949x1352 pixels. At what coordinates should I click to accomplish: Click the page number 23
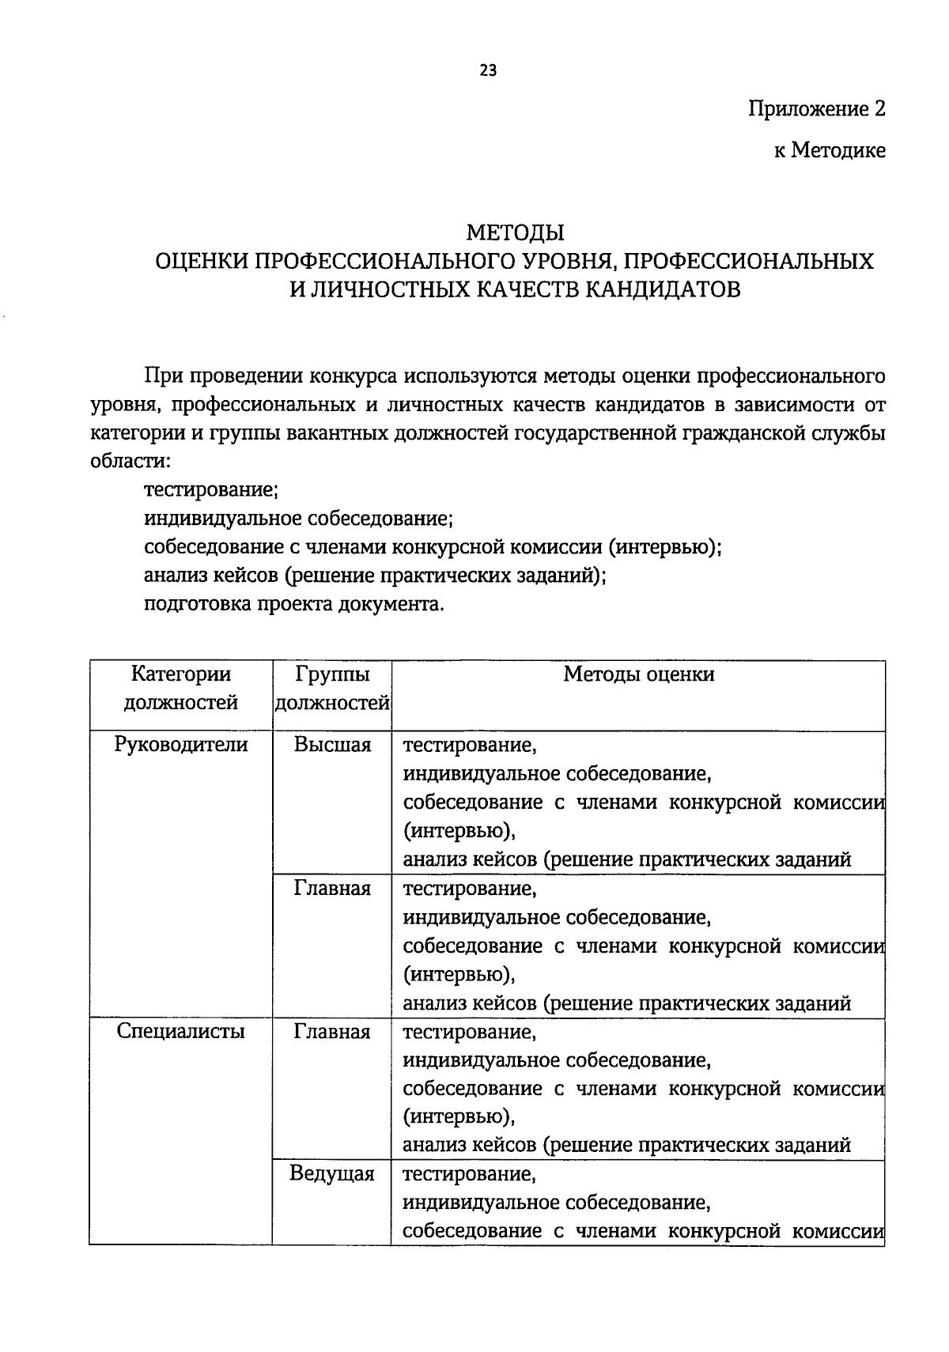click(488, 70)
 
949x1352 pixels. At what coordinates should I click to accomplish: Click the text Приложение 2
click(817, 109)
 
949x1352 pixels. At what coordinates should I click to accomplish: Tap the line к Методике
click(830, 150)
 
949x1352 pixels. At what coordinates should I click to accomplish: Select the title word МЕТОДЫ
click(515, 233)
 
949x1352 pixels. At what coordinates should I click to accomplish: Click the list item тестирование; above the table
click(210, 489)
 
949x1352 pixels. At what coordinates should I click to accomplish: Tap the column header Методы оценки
click(638, 674)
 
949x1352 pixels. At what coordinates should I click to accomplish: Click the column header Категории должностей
click(181, 688)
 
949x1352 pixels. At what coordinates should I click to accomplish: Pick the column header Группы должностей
click(332, 688)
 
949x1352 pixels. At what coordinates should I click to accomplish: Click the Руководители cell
click(181, 744)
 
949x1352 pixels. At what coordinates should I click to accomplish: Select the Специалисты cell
click(181, 1031)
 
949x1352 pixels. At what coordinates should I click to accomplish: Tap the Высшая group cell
click(332, 744)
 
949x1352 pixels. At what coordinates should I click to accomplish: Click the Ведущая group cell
click(332, 1173)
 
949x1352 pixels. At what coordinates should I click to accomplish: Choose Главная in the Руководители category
click(332, 888)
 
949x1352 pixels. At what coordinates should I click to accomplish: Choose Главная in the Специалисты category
click(332, 1031)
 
